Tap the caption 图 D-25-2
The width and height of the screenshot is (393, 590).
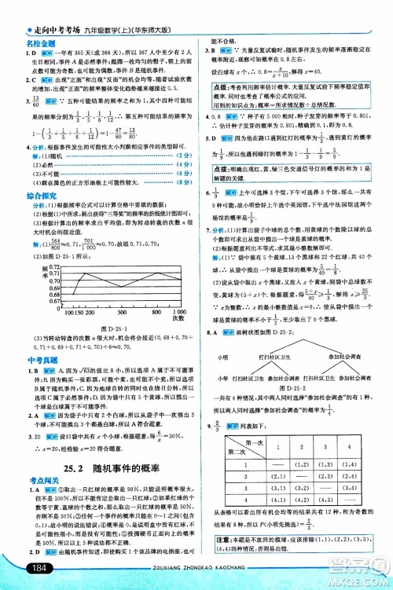[296, 385]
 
